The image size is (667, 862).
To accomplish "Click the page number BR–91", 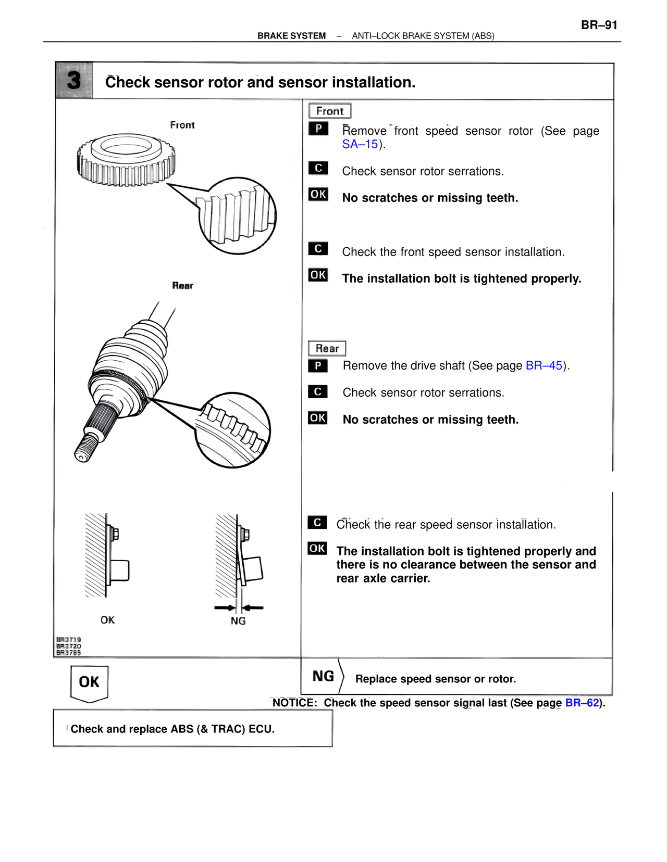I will tap(599, 25).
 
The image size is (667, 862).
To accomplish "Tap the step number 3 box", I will tap(74, 81).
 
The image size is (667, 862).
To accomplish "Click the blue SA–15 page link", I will tap(360, 144).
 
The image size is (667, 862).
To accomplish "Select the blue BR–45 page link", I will tap(544, 365).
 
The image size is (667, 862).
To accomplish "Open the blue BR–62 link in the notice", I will tap(582, 703).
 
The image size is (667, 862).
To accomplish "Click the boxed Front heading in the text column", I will tap(329, 111).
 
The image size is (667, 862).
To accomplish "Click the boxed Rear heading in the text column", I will tap(327, 348).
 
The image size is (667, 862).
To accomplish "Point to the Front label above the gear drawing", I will tap(182, 125).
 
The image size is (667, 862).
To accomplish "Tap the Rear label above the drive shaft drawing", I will tap(182, 285).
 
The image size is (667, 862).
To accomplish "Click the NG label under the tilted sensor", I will tap(238, 621).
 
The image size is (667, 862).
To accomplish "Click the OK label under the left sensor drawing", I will tap(107, 620).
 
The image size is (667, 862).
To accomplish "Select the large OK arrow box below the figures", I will tap(89, 682).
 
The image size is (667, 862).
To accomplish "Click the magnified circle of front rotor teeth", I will tap(238, 215).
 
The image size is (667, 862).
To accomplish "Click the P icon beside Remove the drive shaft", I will tap(318, 365).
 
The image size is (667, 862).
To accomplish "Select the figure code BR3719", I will tap(69, 639).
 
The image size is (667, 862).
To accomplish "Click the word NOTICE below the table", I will tap(294, 703).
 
